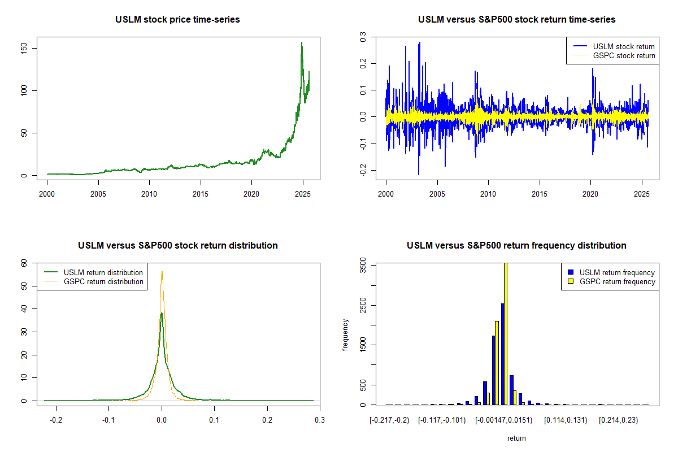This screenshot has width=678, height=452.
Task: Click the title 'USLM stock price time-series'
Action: (177, 20)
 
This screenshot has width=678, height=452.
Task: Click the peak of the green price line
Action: (302, 42)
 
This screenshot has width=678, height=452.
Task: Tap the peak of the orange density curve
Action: (162, 271)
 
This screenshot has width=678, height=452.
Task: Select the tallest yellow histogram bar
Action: (505, 333)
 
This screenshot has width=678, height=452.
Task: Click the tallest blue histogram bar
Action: (502, 354)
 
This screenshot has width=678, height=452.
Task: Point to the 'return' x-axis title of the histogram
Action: (516, 438)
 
